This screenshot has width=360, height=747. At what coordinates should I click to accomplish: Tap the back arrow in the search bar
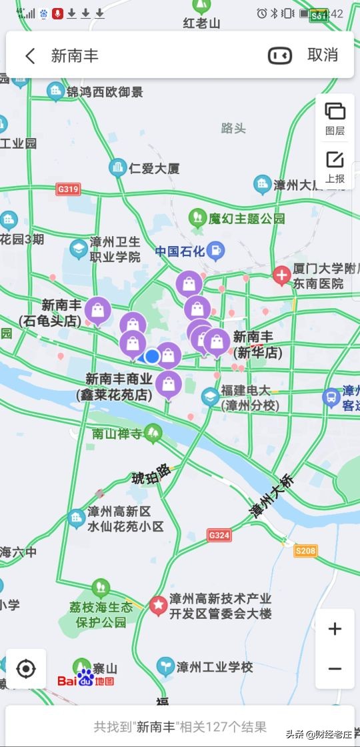[x=30, y=55]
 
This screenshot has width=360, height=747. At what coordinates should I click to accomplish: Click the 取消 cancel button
[x=323, y=55]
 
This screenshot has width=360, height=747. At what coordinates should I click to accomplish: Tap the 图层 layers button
[x=335, y=118]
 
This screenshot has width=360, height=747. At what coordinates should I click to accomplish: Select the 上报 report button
[x=335, y=166]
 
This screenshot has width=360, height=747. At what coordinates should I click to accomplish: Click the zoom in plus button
[x=335, y=628]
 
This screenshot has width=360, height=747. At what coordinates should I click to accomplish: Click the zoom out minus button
[x=335, y=669]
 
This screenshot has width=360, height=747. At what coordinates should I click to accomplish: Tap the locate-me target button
[x=26, y=668]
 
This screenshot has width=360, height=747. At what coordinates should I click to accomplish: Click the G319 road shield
[x=68, y=189]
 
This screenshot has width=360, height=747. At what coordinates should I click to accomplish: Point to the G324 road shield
[x=219, y=535]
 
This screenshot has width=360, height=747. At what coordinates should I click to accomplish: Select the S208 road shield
[x=305, y=550]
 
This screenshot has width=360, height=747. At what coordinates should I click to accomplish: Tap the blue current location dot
[x=152, y=356]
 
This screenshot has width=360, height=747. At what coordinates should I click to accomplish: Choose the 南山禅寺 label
[x=118, y=434]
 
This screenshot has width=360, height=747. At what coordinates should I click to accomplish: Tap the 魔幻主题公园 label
[x=247, y=218]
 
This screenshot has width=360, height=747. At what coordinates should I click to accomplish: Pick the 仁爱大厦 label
[x=154, y=169]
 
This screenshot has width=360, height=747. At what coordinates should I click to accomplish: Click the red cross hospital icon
[x=281, y=274]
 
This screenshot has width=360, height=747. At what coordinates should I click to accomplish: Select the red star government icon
[x=159, y=605]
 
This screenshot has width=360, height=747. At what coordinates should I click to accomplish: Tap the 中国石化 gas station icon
[x=215, y=251]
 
